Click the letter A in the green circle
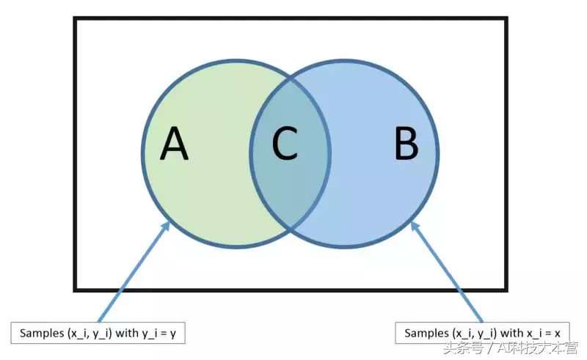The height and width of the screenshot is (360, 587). coord(174,143)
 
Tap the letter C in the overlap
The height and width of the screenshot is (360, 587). coord(285,143)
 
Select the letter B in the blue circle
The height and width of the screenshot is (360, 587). coord(406,143)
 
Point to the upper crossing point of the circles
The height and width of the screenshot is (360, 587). coord(291,78)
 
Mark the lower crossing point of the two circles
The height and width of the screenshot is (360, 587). coord(291,228)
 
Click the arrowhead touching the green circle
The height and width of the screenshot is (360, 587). coord(167,226)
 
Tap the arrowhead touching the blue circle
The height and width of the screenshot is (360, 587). coord(415,226)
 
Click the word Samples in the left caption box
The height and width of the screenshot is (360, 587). coord(42,333)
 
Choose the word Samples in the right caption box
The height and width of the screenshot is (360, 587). coord(427,333)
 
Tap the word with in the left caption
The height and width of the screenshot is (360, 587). coord(127,333)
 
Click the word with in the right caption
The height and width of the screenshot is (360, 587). coord(512,333)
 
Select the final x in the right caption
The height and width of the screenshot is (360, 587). coord(558,334)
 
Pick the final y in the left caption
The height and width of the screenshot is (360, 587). coord(173,334)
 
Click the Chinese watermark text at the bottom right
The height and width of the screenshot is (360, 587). coord(511,348)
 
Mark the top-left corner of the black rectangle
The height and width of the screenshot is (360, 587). coord(75,18)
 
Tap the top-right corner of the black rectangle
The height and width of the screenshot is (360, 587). coord(506,18)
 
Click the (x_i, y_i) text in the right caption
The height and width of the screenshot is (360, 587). coord(475,334)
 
